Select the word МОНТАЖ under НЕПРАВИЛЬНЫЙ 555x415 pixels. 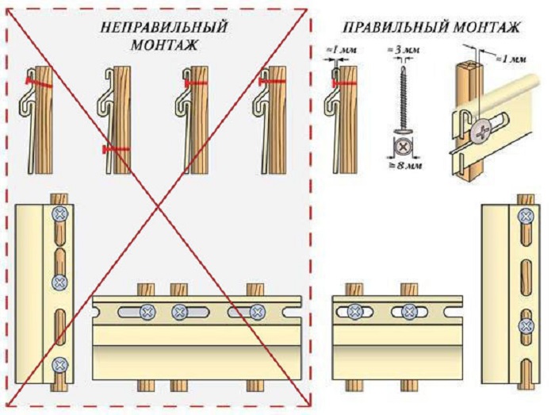(164, 45)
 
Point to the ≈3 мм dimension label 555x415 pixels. (403, 51)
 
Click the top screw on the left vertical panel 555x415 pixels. (60, 214)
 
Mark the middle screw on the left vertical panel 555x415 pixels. (60, 282)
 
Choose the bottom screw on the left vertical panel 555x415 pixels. (60, 366)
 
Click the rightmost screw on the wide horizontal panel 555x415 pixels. (256, 313)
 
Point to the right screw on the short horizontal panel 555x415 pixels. (409, 313)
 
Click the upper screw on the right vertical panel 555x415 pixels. (524, 217)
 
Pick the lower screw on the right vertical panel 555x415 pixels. (524, 325)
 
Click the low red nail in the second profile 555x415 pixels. (114, 148)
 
